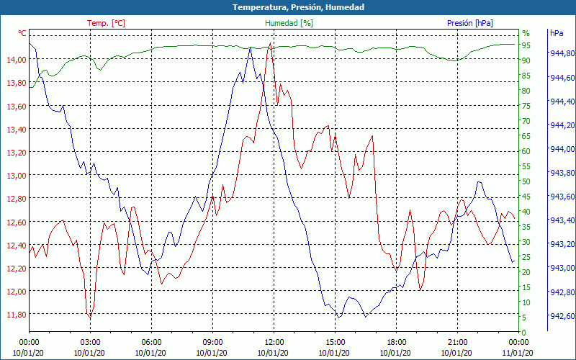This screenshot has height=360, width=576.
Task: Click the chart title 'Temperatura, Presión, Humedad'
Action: point(288,7)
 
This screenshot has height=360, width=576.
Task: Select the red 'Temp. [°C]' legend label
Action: point(106,23)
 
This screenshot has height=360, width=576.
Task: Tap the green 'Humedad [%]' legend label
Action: point(289,23)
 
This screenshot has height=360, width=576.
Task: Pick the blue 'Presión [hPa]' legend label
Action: point(470,23)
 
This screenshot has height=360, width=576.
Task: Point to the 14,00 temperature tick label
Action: point(15,60)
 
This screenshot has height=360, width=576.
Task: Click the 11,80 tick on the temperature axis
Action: point(15,314)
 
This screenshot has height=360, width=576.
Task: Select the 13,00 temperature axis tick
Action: point(15,175)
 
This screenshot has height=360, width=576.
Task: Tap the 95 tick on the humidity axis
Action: point(526,46)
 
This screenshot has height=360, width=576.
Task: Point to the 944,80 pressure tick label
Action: point(562,53)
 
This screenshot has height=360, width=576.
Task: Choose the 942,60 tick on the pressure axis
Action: point(562,316)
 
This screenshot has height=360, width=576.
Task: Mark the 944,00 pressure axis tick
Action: point(562,149)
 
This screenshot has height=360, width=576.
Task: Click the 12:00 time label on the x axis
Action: point(274,342)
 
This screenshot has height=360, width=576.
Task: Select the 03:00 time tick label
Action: point(90,342)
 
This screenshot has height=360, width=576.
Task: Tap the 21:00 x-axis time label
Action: point(457,342)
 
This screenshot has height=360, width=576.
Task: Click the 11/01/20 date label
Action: point(518,352)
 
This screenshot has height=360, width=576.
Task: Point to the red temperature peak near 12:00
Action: point(270,43)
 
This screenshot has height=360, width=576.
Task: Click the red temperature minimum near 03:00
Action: point(90,318)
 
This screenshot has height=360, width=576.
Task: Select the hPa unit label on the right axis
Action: point(557,33)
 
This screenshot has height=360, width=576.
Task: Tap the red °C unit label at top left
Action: point(22,33)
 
